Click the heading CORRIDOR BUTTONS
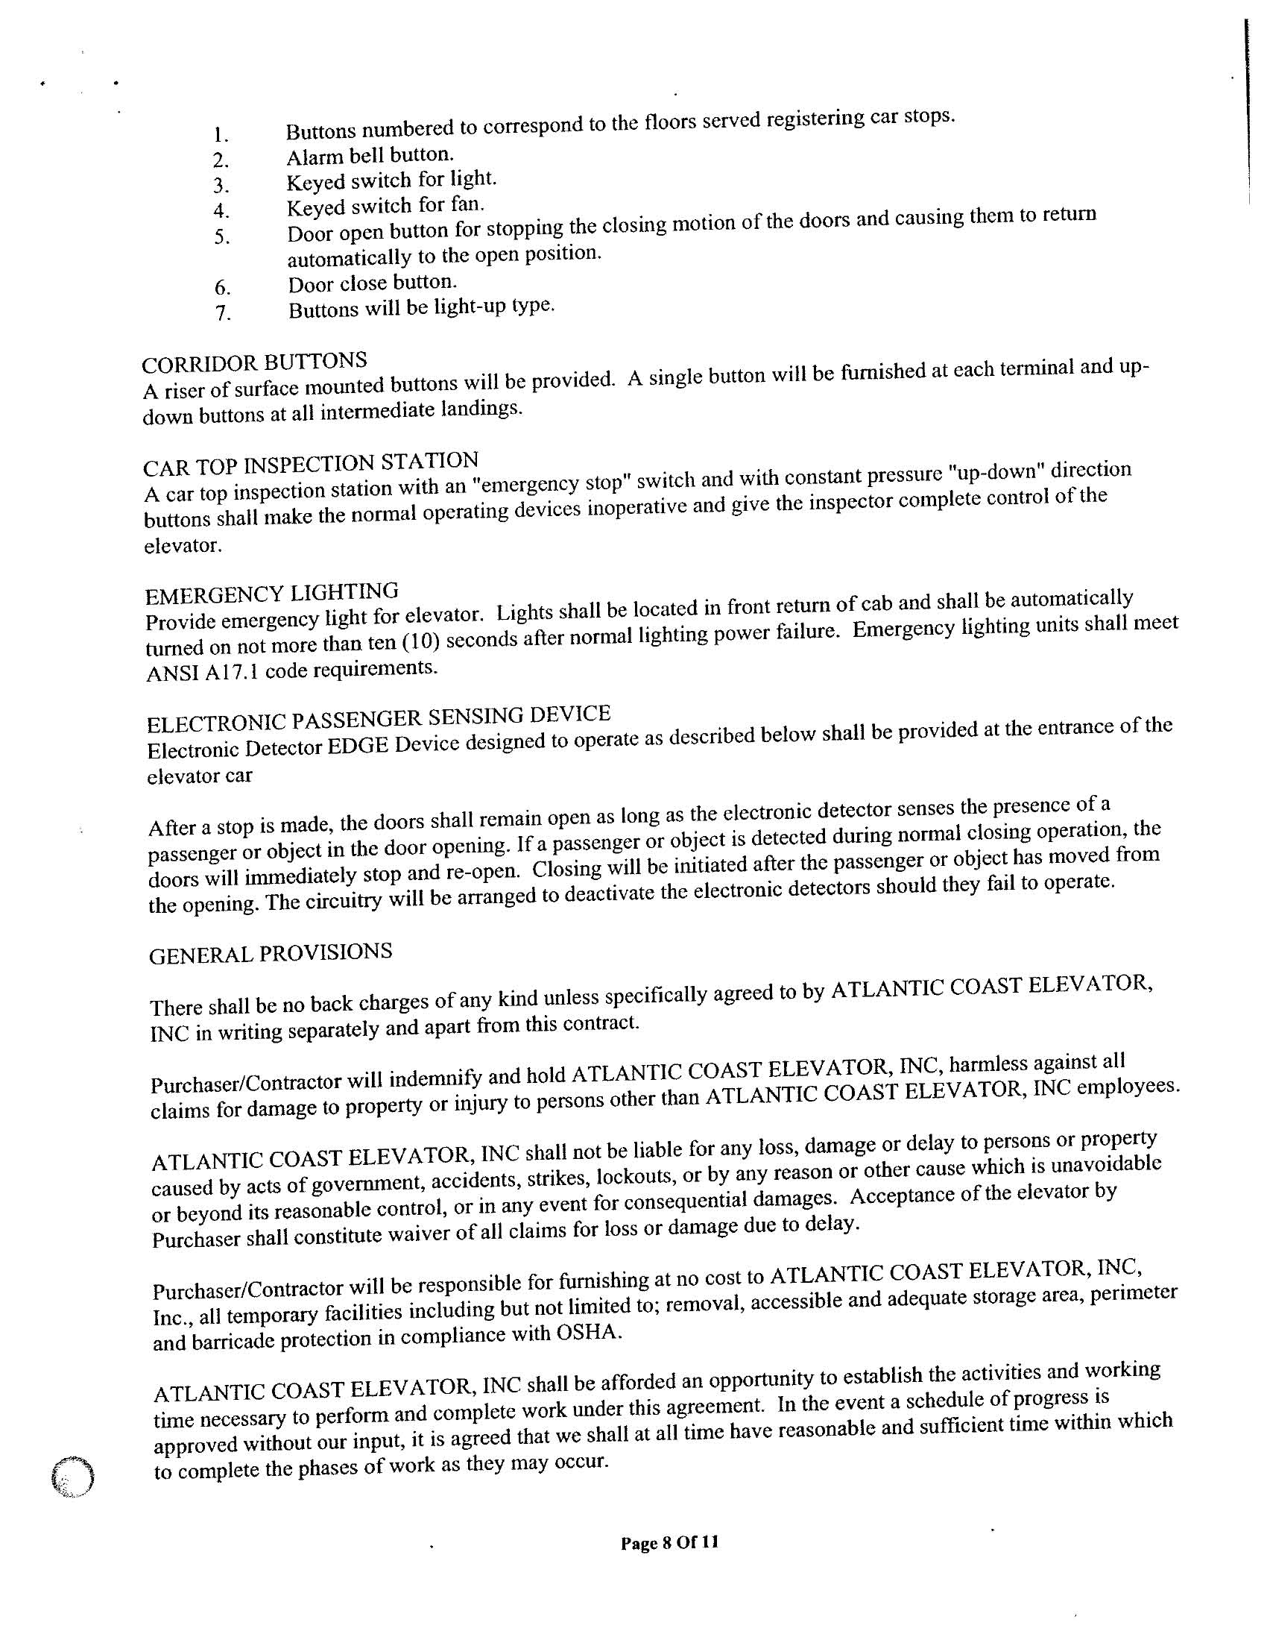tap(254, 362)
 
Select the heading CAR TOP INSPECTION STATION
tap(311, 463)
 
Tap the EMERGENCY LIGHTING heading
tap(271, 594)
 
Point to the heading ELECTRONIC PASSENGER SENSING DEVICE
tap(379, 718)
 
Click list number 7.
tap(223, 312)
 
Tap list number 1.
tap(221, 136)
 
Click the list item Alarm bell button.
tap(370, 155)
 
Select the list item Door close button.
tap(373, 284)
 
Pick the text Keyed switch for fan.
tap(386, 205)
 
